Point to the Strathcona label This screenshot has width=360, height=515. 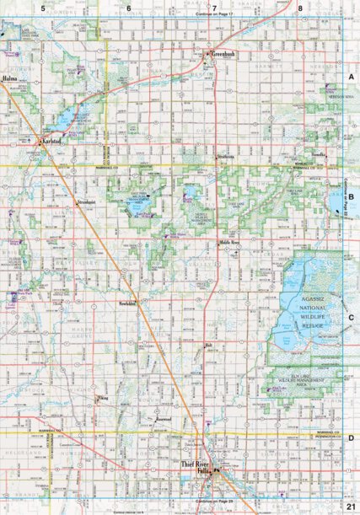coord(224,158)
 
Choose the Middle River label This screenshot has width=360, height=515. coord(229,242)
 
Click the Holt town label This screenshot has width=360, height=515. coord(209,345)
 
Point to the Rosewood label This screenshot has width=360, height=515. coord(166,417)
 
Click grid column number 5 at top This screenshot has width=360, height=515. coord(43,8)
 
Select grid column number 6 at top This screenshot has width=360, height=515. coord(129,8)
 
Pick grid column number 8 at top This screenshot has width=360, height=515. coord(301,8)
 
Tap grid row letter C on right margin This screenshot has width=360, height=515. coord(350,317)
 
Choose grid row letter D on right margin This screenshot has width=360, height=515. coord(350,439)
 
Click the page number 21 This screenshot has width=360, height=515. coord(350,506)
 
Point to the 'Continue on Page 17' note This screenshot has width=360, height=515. coord(214,16)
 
